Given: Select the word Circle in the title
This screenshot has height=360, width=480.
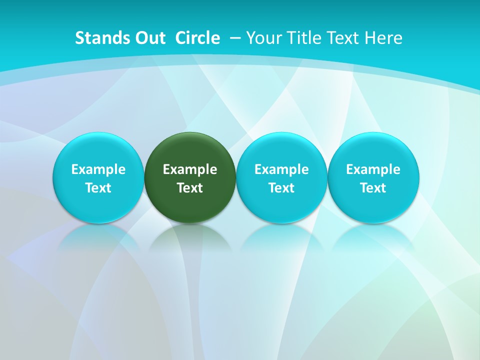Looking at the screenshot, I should click(197, 38).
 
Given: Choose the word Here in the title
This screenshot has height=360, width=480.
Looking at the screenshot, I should click(384, 38).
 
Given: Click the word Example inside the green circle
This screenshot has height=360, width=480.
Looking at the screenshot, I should click(190, 169).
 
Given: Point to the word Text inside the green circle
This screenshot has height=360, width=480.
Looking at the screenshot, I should click(190, 188).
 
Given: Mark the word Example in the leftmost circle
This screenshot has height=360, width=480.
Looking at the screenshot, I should click(98, 169).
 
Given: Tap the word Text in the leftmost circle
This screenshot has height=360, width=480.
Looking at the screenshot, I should click(98, 188).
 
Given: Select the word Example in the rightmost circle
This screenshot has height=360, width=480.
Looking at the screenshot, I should click(373, 169).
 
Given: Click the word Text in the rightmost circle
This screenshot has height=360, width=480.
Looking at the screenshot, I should click(373, 188).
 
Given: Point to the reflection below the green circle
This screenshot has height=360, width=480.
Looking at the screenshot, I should click(190, 237).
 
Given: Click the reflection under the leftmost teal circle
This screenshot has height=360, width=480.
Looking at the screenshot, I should click(98, 237).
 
